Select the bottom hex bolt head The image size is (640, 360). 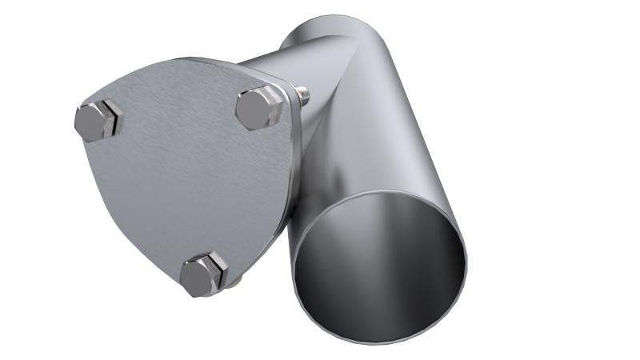[x=203, y=274]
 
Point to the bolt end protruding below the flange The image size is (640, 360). [x=236, y=282]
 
